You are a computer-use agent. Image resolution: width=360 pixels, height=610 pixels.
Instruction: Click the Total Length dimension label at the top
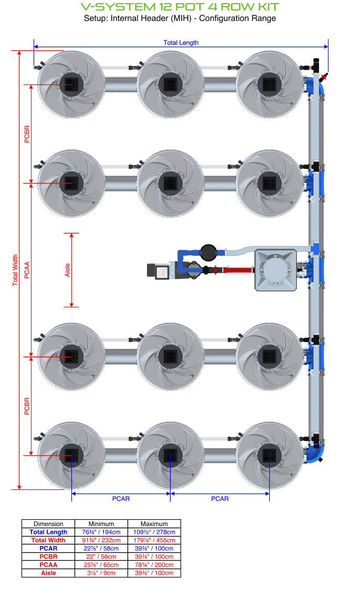pos(181,42)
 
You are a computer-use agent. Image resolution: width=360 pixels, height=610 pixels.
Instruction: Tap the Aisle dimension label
pos(67,270)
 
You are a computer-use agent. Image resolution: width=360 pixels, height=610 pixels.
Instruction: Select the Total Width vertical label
pos(15,270)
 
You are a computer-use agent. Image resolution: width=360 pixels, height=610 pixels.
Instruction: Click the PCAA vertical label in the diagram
pos(27,270)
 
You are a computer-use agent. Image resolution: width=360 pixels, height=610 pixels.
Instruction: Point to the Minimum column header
pos(101,523)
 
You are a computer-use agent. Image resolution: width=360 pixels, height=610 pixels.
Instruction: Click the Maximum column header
pos(154,523)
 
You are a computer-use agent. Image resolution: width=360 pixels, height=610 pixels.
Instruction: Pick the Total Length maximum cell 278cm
pos(154,532)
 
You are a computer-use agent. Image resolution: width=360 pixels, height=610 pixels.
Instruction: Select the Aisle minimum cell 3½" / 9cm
pos(101,573)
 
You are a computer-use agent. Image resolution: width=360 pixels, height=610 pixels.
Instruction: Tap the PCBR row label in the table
pos(48,557)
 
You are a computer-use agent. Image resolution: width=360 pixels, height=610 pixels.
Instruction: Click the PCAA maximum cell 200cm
pos(154,565)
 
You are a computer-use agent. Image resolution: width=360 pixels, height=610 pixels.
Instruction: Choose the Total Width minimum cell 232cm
pos(101,540)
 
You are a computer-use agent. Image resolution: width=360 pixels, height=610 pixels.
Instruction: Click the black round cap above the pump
pos(209,252)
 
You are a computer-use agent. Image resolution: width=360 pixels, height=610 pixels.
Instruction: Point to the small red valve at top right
pos(325,78)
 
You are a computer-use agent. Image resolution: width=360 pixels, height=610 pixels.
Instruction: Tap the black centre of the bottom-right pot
pos(268,455)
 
